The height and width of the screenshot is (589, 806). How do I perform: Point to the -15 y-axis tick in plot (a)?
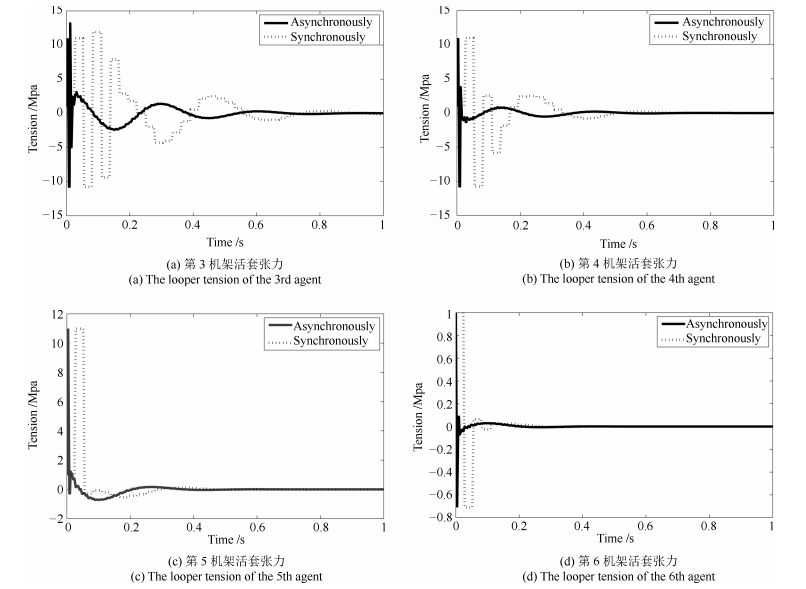click(x=50, y=215)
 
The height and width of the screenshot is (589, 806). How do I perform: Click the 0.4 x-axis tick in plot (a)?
click(x=193, y=227)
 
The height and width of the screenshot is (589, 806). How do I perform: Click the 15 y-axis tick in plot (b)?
click(x=441, y=13)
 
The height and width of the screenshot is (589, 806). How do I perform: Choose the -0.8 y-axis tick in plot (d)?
click(x=438, y=518)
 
